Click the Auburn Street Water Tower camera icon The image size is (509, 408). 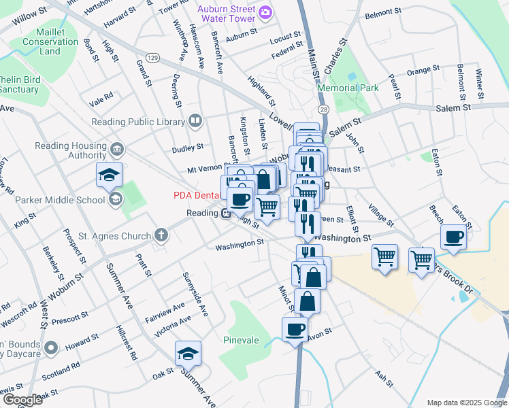(x=266, y=12)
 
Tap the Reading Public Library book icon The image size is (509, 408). (x=195, y=121)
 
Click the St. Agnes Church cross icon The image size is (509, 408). (x=161, y=236)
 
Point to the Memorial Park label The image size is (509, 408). (x=347, y=88)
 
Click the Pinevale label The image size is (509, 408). (x=241, y=339)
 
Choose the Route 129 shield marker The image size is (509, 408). (x=153, y=58)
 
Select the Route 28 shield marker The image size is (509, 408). (x=322, y=109)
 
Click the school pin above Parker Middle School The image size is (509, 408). (x=109, y=175)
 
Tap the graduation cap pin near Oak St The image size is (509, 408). (x=187, y=354)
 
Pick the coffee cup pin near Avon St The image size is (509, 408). (x=295, y=330)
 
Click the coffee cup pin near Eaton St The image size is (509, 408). (x=453, y=237)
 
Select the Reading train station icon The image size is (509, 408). (x=225, y=213)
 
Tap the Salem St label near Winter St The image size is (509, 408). (x=453, y=108)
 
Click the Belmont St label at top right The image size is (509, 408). (x=382, y=13)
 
